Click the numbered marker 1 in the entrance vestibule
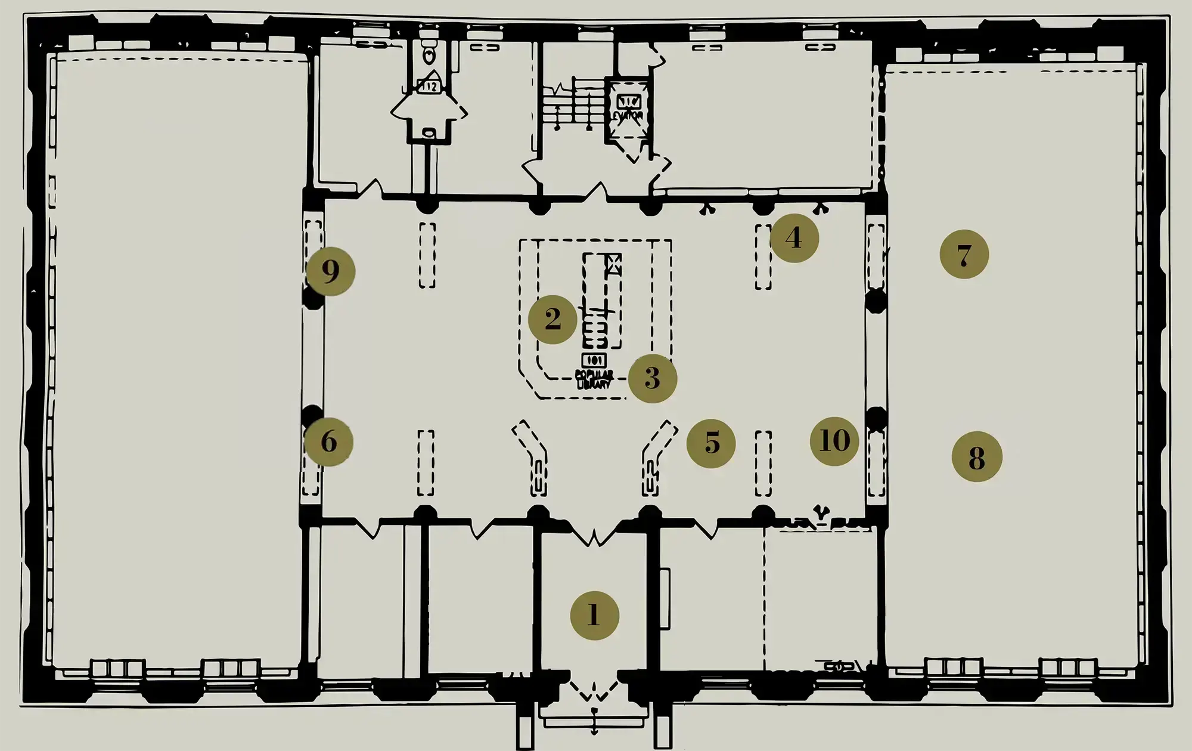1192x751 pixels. [x=594, y=615]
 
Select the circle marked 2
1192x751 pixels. [x=552, y=319]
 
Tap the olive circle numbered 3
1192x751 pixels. [x=652, y=378]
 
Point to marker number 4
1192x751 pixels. [x=794, y=238]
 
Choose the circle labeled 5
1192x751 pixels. [x=711, y=443]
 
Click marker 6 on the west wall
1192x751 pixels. [x=328, y=442]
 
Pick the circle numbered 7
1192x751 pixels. [x=964, y=255]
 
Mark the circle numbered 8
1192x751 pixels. [x=976, y=458]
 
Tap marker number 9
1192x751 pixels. [x=331, y=271]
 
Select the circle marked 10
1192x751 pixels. [x=834, y=441]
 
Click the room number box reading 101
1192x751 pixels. [x=594, y=360]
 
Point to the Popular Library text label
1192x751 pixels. [x=594, y=379]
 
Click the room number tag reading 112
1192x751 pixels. [x=429, y=86]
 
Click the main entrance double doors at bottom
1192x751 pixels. [x=594, y=691]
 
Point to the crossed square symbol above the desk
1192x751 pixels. [x=613, y=264]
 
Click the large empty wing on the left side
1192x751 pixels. [x=179, y=358]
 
